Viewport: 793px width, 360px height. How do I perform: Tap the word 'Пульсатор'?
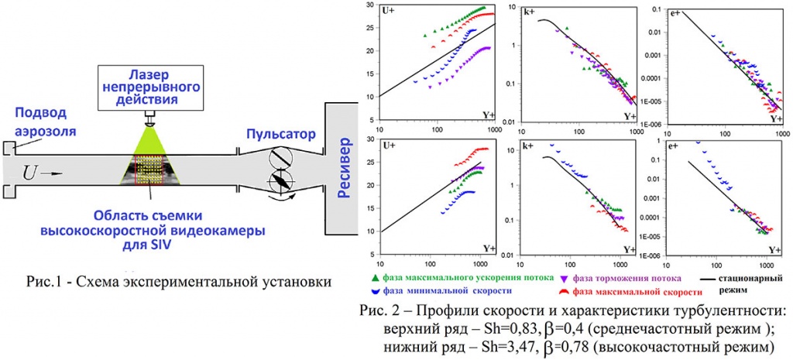pyautogui.click(x=280, y=134)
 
